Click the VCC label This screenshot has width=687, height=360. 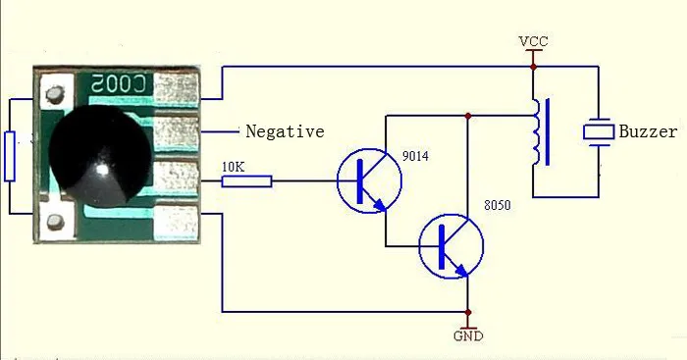click(x=533, y=41)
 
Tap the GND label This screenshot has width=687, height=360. click(x=468, y=335)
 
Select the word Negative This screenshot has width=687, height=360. click(x=285, y=131)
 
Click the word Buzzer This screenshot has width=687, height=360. click(x=648, y=131)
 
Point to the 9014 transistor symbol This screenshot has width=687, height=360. click(x=369, y=180)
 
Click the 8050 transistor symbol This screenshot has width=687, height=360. click(x=451, y=246)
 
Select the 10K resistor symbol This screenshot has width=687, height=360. click(x=246, y=181)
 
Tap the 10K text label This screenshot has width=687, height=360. click(x=234, y=167)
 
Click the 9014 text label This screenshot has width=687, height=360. click(x=415, y=156)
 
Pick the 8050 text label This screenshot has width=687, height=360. click(x=498, y=205)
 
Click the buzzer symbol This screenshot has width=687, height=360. click(x=599, y=131)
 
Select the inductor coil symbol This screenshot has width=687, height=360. click(x=541, y=131)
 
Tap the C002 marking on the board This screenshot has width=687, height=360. click(x=119, y=83)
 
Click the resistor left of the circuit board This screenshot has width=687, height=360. click(x=10, y=156)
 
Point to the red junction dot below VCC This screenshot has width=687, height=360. click(x=533, y=67)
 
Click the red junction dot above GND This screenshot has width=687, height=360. click(x=468, y=312)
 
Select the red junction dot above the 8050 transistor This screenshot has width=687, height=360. click(x=468, y=116)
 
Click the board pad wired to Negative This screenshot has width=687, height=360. click(x=177, y=131)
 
